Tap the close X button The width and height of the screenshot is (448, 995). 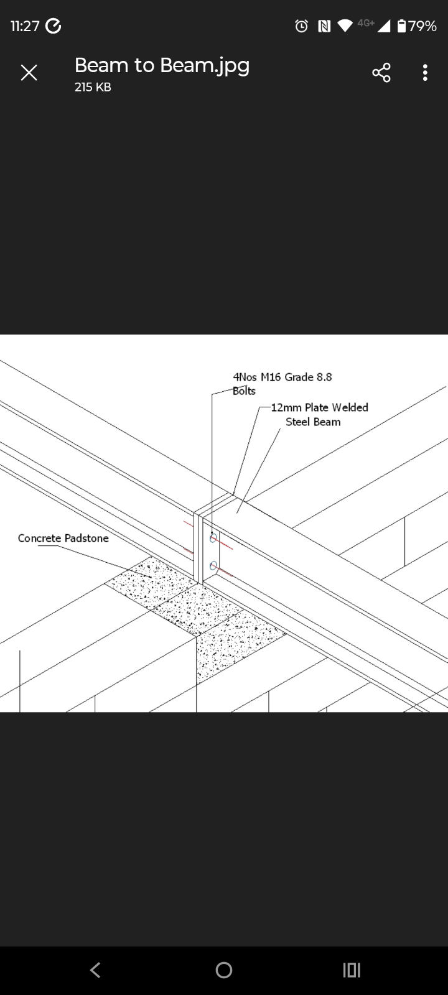click(x=29, y=73)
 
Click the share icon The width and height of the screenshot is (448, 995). click(x=381, y=73)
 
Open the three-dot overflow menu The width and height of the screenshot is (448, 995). click(x=425, y=73)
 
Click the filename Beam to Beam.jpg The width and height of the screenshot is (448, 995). click(x=162, y=65)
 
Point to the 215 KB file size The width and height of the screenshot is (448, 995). click(x=93, y=88)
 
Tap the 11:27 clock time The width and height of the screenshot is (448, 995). click(x=25, y=26)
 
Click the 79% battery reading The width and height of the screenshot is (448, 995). click(x=422, y=26)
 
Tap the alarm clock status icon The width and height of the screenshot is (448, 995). click(x=302, y=26)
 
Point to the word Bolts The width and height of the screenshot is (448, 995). click(x=244, y=391)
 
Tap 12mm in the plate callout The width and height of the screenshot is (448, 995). click(x=286, y=408)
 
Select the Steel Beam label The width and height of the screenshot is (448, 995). click(x=313, y=422)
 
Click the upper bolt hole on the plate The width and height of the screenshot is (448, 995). click(x=213, y=538)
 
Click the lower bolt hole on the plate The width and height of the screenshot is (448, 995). click(x=213, y=565)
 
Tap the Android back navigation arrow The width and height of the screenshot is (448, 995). click(x=95, y=970)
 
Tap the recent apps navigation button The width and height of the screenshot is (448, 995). click(x=352, y=970)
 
